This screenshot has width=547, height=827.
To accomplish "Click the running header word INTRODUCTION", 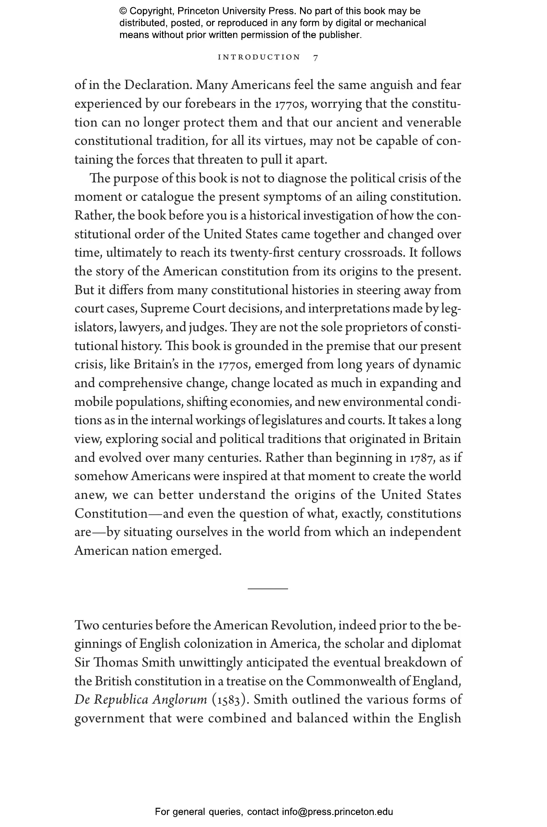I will tap(259, 57).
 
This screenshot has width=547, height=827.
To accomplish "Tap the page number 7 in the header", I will tap(316, 58).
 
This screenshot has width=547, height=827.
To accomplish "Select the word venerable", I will tap(433, 122).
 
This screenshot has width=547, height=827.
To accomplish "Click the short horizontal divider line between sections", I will tap(267, 589).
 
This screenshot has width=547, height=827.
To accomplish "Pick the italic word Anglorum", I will tap(180, 700).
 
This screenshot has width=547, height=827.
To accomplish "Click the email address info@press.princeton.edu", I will tap(337, 812).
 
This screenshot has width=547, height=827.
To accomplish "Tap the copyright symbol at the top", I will tap(123, 11).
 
